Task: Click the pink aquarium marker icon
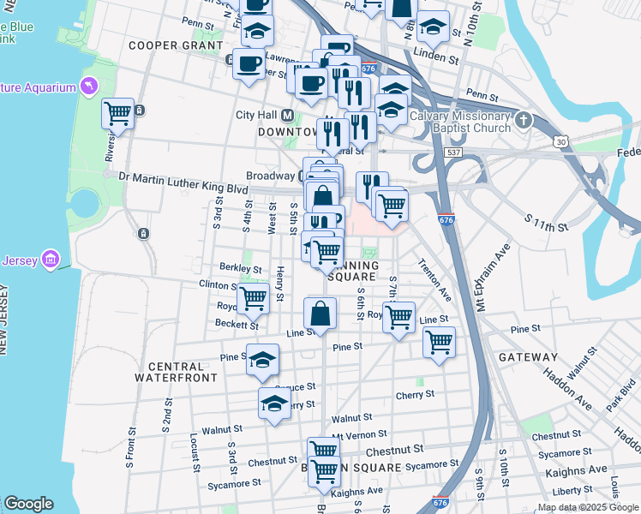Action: pos(87,87)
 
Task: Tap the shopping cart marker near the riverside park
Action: pos(117,113)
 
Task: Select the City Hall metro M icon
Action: pos(288,115)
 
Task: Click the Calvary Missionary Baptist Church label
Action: pos(460,122)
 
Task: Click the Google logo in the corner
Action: pos(28,504)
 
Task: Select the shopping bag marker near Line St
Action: pos(320,314)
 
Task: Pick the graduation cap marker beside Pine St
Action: pos(262,360)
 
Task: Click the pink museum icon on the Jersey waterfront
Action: pos(50,259)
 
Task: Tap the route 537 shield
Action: pos(455,152)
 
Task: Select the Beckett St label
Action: pos(237,325)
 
